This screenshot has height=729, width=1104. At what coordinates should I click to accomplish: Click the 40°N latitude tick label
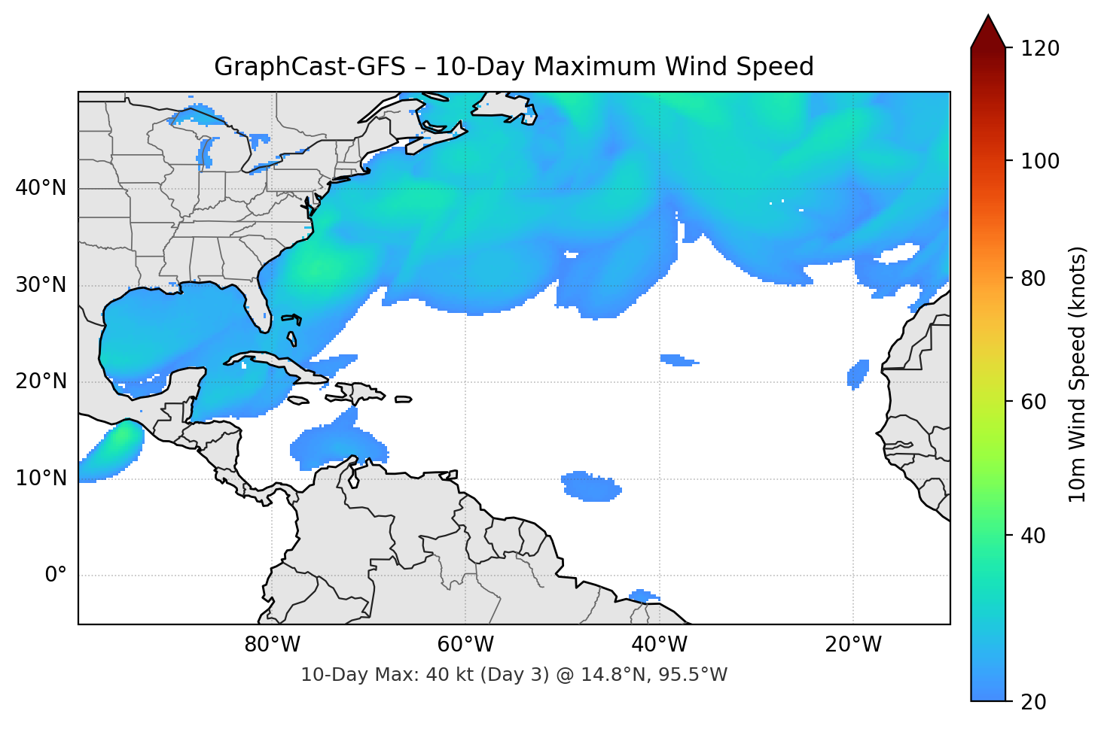coord(41,188)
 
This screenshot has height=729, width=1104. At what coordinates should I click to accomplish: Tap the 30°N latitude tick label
coord(41,285)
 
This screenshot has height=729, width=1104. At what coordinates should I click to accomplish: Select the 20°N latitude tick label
coord(41,381)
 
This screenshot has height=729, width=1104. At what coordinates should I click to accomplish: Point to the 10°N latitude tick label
coord(41,478)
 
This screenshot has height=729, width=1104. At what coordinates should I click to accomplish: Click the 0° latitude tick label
coord(56,576)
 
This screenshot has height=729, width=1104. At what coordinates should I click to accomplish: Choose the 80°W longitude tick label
coord(272,645)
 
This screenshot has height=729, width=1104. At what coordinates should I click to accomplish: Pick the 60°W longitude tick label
coord(465,645)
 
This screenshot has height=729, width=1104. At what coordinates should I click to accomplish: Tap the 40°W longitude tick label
coord(659,645)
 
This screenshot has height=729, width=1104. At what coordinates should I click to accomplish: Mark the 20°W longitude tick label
coord(853,645)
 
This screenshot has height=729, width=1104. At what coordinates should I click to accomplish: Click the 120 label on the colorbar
coord(1040,49)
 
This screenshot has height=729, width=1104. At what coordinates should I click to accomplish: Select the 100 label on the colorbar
coord(1040,161)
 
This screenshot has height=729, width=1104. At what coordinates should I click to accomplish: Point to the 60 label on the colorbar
coord(1033,402)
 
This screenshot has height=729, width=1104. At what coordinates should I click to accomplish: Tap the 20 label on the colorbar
coord(1033,702)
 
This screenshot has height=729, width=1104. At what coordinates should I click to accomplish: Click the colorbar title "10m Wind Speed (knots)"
coord(1078,374)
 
